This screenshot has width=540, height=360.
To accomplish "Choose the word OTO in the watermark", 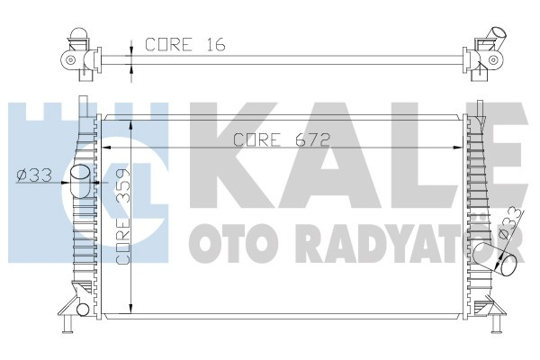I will [x=221, y=241].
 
